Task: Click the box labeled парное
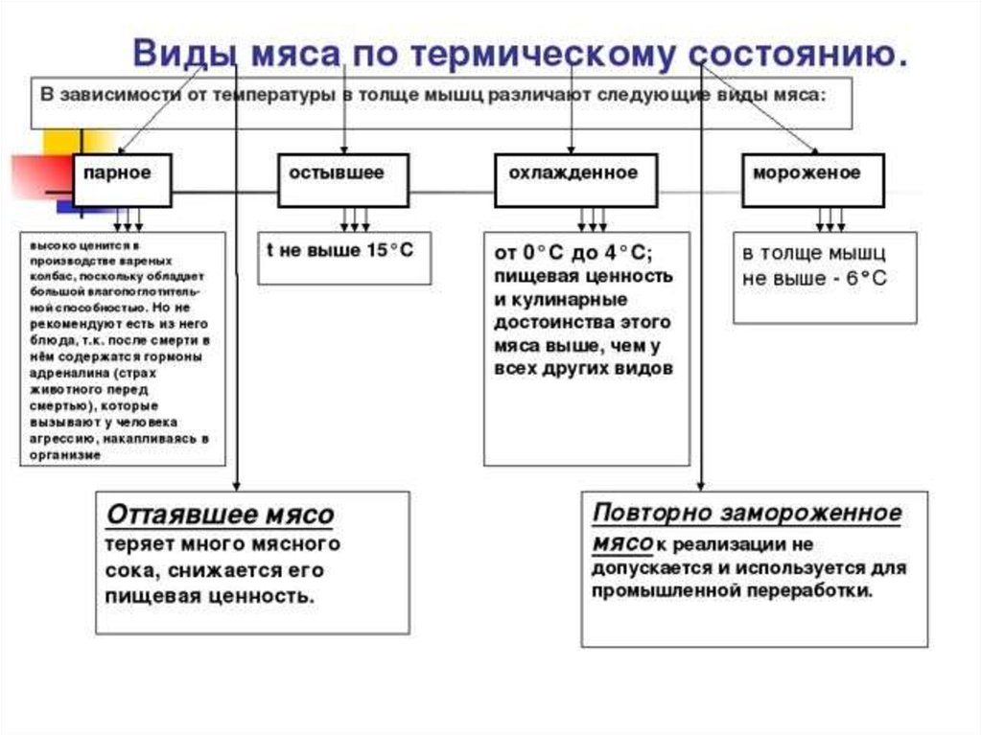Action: pyautogui.click(x=122, y=180)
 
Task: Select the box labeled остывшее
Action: pyautogui.click(x=343, y=180)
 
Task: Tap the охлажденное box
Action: pyautogui.click(x=576, y=180)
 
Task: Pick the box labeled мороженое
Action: pyautogui.click(x=813, y=180)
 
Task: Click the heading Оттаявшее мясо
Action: pyautogui.click(x=220, y=515)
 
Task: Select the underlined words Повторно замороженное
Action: pyautogui.click(x=747, y=513)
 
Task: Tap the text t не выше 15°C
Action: pyautogui.click(x=339, y=250)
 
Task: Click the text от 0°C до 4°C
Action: pyautogui.click(x=573, y=253)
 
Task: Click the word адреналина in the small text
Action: pyautogui.click(x=61, y=373)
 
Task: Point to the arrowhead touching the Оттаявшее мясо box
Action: pyautogui.click(x=236, y=485)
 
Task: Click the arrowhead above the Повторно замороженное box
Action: pyautogui.click(x=701, y=485)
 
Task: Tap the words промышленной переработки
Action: pyautogui.click(x=732, y=591)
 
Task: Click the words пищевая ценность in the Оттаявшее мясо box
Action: pyautogui.click(x=209, y=596)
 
